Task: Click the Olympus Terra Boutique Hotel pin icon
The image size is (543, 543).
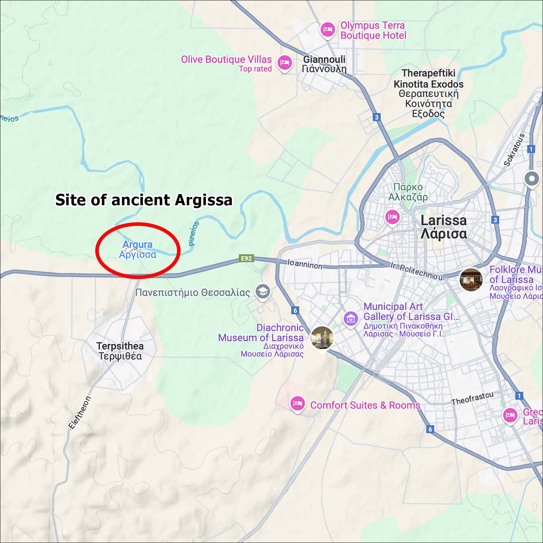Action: (x=328, y=29)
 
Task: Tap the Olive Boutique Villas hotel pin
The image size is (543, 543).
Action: (x=285, y=63)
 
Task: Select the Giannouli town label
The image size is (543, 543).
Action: (x=324, y=64)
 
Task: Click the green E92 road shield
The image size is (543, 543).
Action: (x=247, y=258)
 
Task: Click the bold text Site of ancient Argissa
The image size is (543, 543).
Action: (x=144, y=200)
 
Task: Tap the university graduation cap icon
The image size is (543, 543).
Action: (x=263, y=291)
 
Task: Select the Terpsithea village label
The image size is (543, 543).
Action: (x=120, y=351)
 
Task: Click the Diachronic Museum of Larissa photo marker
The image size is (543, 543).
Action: (x=322, y=338)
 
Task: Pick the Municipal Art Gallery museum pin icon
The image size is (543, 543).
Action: (x=350, y=319)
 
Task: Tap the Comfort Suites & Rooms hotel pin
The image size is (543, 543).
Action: (x=298, y=403)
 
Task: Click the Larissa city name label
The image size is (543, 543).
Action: (x=443, y=227)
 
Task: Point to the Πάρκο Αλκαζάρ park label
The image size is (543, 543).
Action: (x=408, y=192)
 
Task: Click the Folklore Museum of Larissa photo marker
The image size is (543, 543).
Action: (x=471, y=279)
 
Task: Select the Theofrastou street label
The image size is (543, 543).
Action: (x=472, y=398)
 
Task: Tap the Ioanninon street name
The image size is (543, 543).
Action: (x=305, y=264)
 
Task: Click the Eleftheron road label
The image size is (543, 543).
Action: (x=80, y=413)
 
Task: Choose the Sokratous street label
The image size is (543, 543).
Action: (x=514, y=150)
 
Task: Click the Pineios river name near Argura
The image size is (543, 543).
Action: (x=194, y=233)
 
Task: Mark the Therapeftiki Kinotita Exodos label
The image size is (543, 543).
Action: (x=428, y=93)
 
